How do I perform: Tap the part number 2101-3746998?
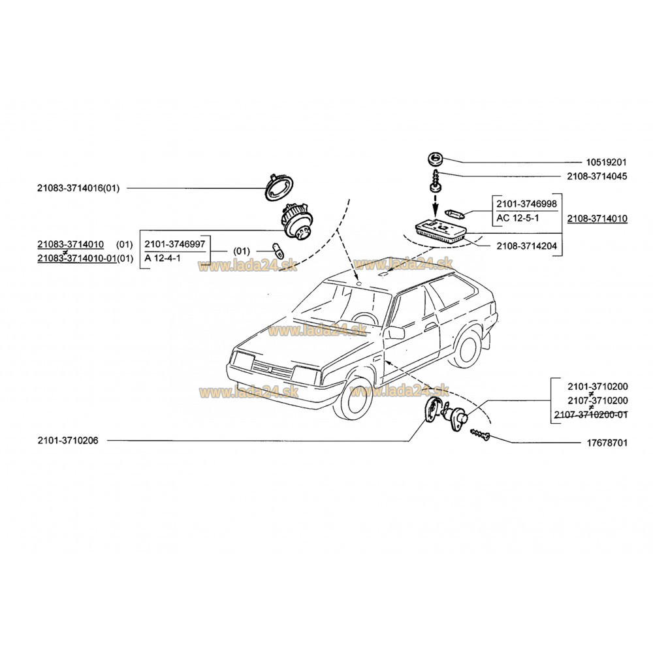526,204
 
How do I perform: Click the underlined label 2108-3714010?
596,218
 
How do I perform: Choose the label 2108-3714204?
526,247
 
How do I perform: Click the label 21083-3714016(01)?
79,188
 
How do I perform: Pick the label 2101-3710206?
68,441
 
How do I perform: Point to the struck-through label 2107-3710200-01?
590,415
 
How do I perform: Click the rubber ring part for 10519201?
434,158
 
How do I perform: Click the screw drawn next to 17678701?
481,434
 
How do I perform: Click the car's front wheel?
350,402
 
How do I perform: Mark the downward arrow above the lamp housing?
435,204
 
